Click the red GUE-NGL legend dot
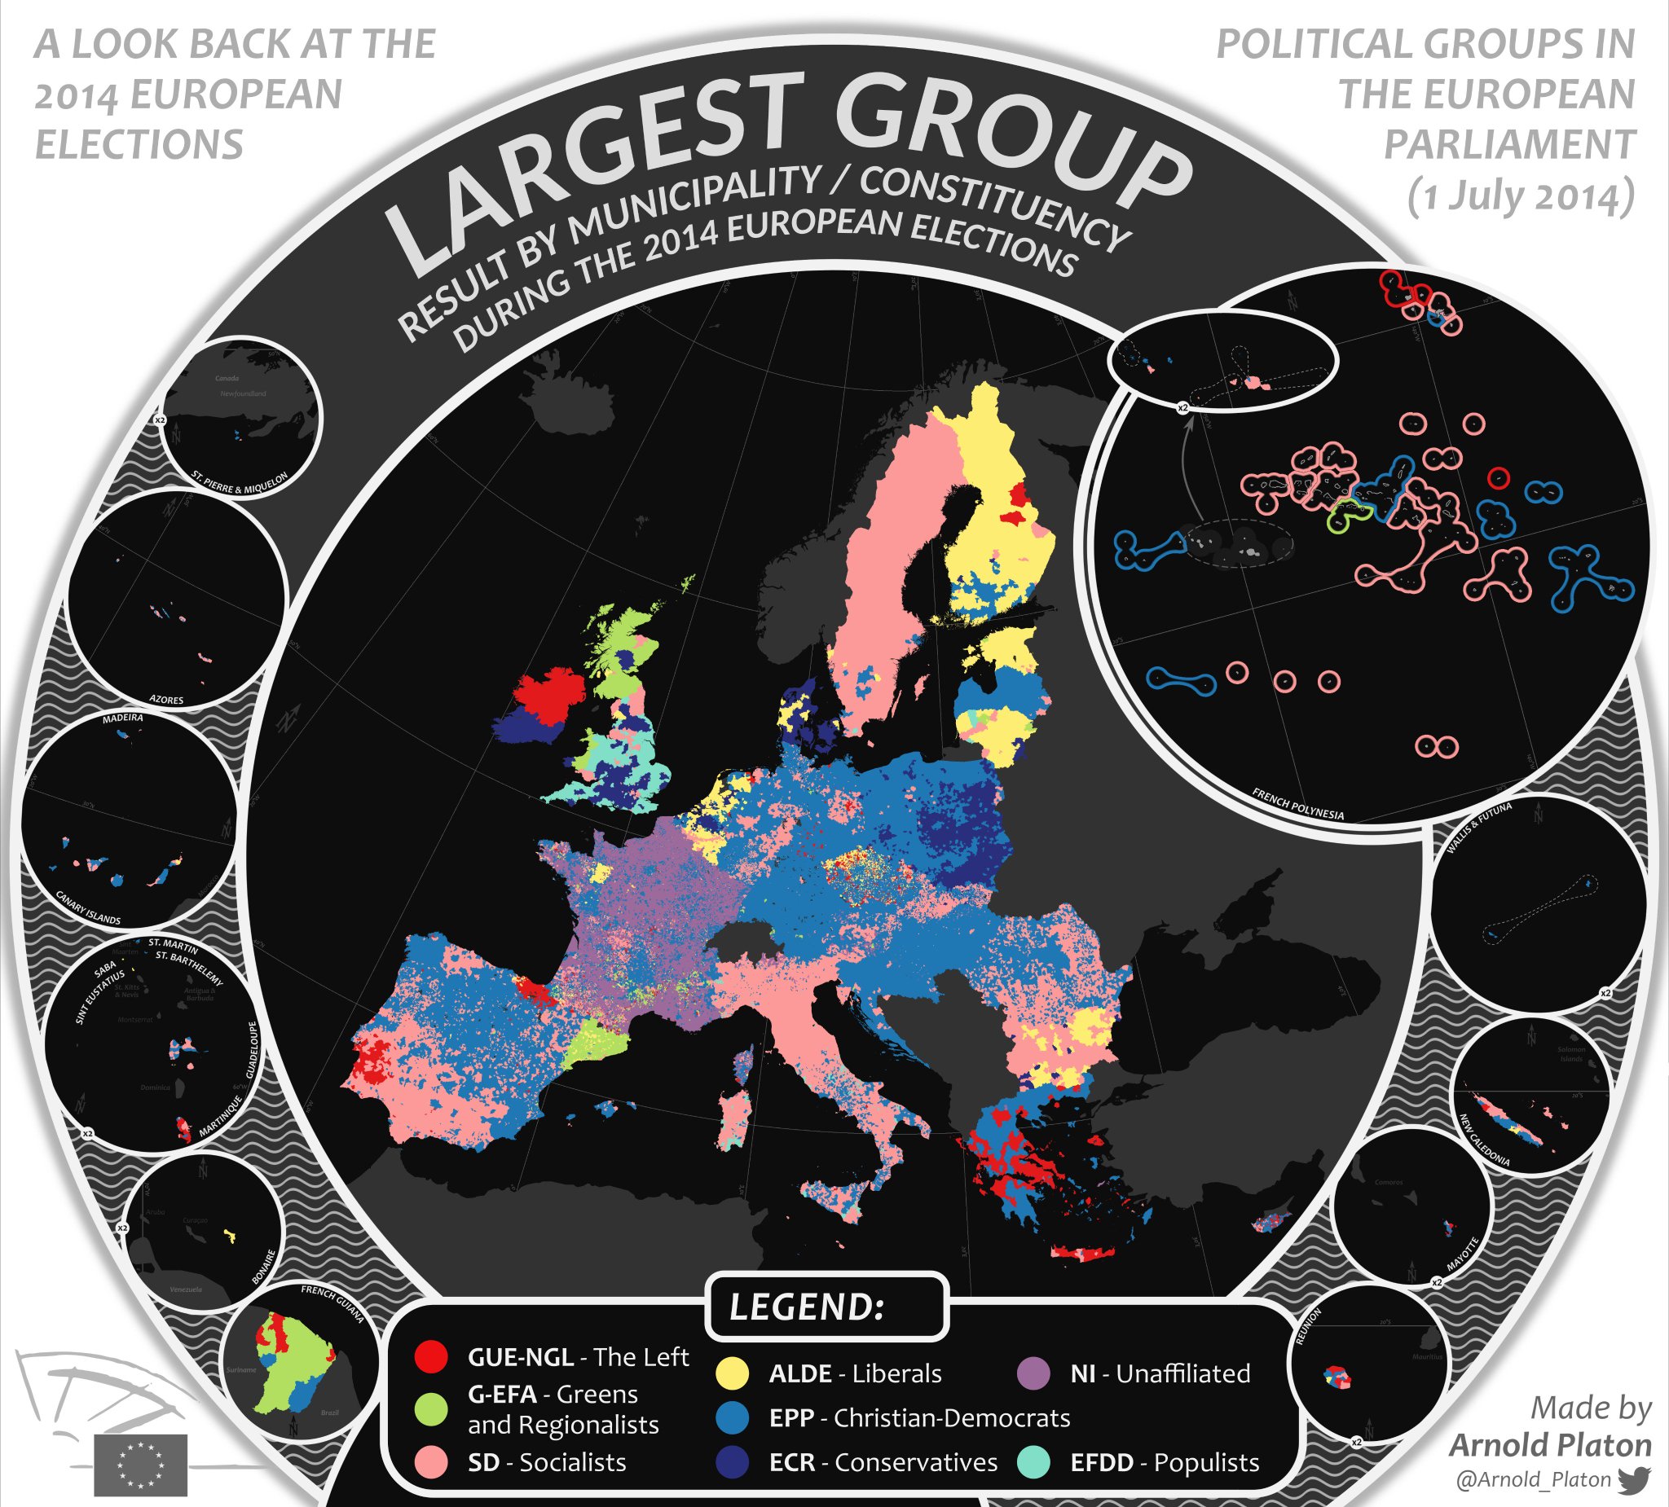430,1357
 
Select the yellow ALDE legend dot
732,1373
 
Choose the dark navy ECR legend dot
732,1462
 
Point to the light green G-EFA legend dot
430,1408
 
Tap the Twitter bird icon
1634,1479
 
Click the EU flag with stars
141,1465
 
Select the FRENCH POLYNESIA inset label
1297,805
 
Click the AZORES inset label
166,699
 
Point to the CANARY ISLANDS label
88,907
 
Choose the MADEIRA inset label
122,718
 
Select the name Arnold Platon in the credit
1550,1445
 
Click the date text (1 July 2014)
1521,196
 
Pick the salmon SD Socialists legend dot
430,1462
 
